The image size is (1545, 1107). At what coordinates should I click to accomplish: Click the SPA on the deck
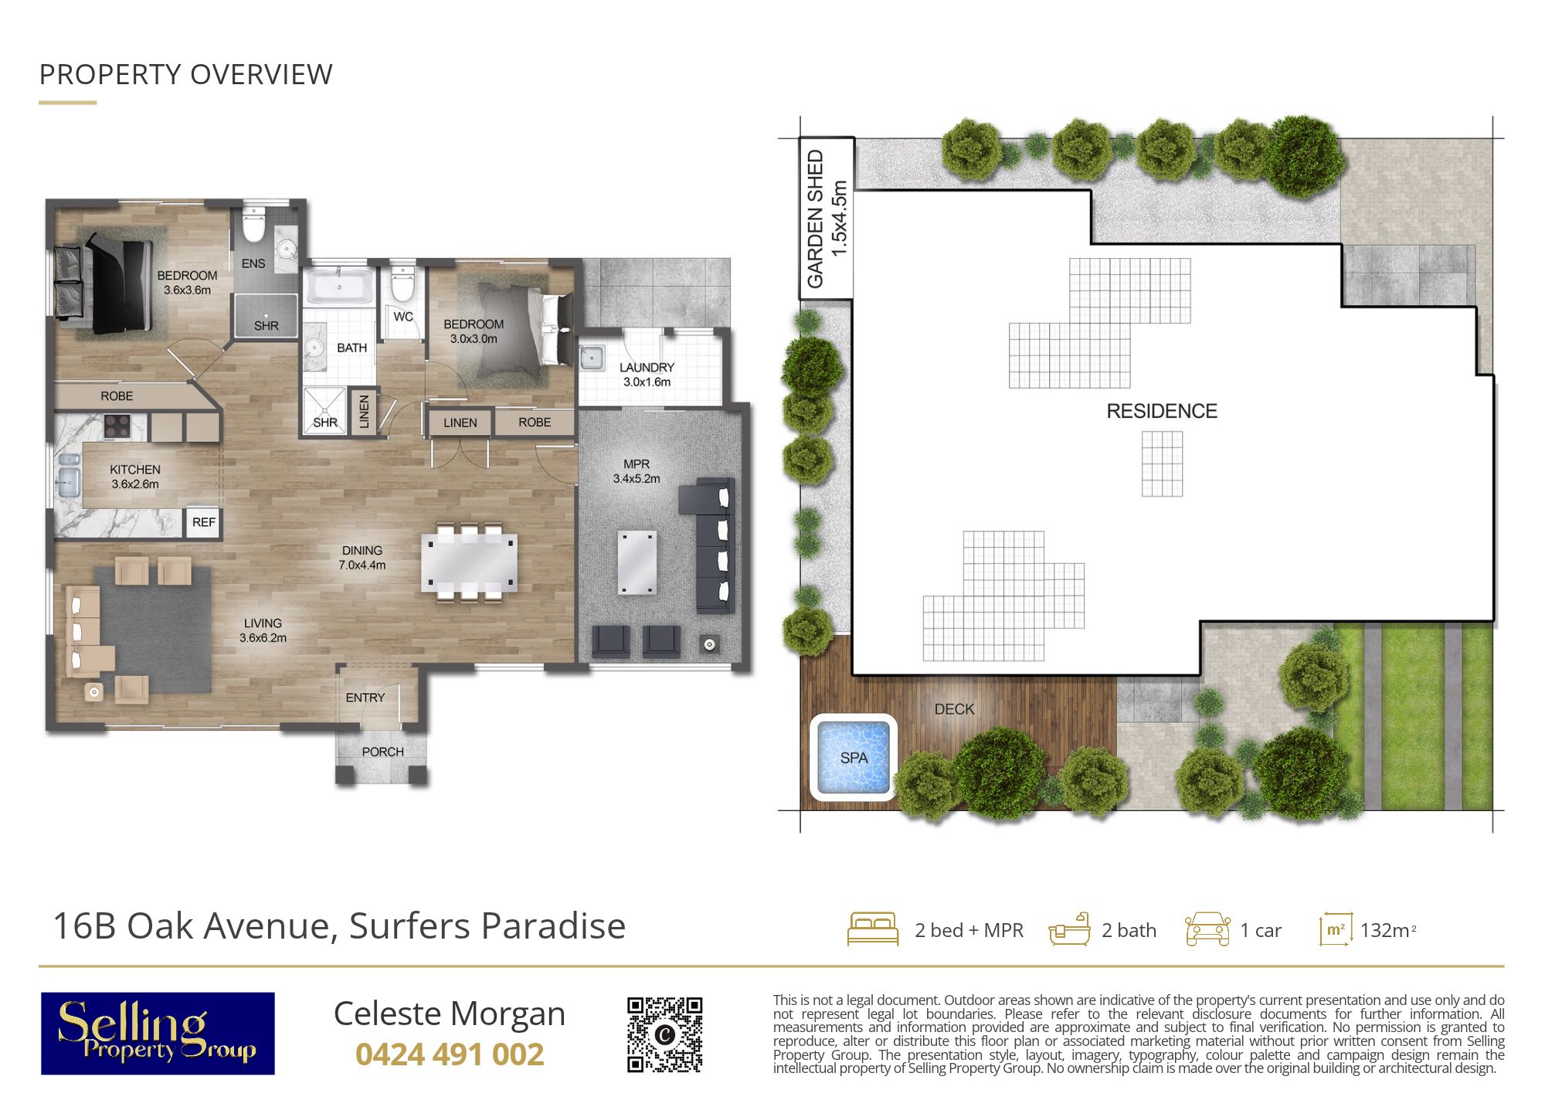(x=854, y=757)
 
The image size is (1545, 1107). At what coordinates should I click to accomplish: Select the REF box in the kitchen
(x=203, y=522)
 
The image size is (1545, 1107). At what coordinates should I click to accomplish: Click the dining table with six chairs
(x=469, y=563)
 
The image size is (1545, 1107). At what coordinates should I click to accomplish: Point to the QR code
(x=664, y=1034)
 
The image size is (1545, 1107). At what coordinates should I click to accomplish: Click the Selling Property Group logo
(x=158, y=1034)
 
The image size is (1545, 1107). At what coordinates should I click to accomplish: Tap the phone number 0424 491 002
(x=450, y=1054)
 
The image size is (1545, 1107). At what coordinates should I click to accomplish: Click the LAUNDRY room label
(x=647, y=368)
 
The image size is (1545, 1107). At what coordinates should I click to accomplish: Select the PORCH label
(x=382, y=752)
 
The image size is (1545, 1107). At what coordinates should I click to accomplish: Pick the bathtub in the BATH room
(x=340, y=287)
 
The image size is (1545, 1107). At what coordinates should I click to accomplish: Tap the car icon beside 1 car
(x=1207, y=929)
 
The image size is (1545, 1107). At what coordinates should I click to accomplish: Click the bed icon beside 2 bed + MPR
(x=873, y=929)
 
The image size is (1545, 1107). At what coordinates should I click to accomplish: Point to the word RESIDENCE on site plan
(x=1162, y=411)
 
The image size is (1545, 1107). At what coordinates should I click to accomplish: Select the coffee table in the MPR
(x=637, y=562)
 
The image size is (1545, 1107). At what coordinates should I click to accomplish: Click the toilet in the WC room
(x=402, y=284)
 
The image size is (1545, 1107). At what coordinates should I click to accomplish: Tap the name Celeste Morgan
(x=450, y=1014)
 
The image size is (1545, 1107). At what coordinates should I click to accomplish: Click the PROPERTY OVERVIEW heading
(x=186, y=75)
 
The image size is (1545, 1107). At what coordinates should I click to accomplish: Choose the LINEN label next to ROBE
(x=460, y=423)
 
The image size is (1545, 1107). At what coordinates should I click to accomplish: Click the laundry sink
(x=593, y=358)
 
